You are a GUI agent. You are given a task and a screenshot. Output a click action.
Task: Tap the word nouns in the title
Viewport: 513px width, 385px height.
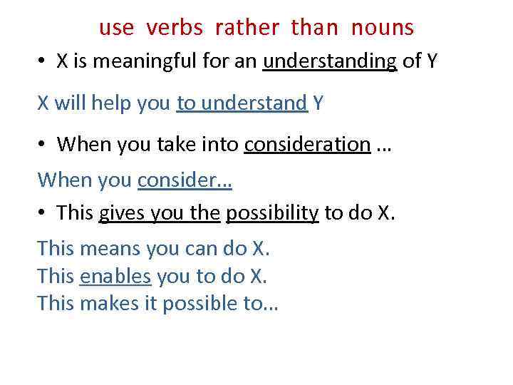click(x=382, y=28)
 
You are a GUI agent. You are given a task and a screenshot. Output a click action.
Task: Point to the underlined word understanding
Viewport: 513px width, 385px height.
click(x=330, y=62)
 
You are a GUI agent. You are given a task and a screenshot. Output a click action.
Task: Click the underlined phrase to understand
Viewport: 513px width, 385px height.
click(x=242, y=103)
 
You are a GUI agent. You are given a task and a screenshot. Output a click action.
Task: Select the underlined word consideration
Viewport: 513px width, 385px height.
click(x=307, y=145)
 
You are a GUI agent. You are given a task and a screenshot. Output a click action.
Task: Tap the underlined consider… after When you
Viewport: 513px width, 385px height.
click(x=185, y=180)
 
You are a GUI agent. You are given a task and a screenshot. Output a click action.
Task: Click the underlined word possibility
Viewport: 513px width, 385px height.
click(x=271, y=213)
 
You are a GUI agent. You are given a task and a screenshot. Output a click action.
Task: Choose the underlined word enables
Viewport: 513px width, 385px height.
click(x=115, y=276)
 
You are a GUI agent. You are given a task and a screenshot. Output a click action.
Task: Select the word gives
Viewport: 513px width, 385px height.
click(x=120, y=213)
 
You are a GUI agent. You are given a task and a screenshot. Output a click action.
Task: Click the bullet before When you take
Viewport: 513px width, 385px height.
click(x=43, y=145)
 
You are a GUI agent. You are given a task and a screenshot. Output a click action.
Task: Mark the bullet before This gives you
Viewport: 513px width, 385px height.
click(x=43, y=214)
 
